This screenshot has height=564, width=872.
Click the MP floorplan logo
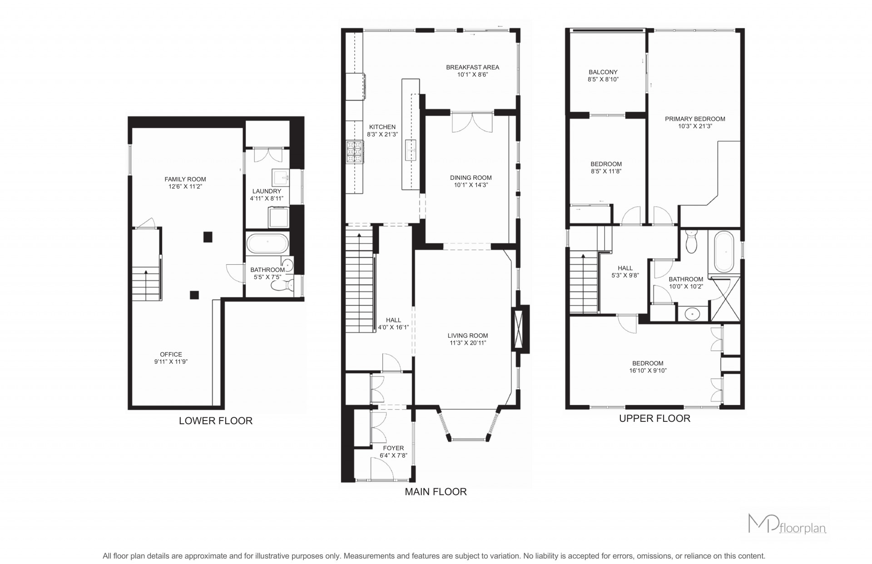point(787,524)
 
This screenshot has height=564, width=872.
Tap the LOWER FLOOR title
point(216,421)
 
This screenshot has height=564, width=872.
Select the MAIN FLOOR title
point(436,492)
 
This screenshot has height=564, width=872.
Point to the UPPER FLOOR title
point(654,419)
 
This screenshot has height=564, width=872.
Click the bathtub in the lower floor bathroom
point(268,243)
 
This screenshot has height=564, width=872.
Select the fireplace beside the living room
point(520,329)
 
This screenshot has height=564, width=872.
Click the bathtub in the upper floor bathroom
point(725,252)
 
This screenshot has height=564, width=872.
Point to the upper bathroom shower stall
point(725,299)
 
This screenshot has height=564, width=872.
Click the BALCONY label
point(603,72)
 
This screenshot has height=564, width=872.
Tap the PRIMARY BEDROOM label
point(695,119)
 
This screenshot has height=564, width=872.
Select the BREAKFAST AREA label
point(472,67)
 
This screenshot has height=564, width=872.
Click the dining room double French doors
point(472,122)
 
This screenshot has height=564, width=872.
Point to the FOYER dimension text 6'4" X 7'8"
point(393,455)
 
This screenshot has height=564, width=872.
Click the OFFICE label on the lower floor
point(171,355)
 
